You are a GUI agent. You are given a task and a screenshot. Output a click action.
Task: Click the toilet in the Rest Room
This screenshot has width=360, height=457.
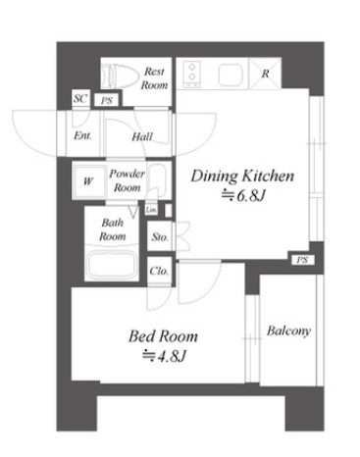click(119, 76)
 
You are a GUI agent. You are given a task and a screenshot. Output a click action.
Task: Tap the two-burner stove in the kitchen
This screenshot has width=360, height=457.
click(192, 75)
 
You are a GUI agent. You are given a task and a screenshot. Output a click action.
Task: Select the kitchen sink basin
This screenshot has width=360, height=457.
click(231, 75)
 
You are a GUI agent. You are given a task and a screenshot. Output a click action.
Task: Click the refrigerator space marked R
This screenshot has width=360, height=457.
click(265, 74)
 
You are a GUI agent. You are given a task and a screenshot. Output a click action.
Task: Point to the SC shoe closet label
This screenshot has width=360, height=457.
click(80, 98)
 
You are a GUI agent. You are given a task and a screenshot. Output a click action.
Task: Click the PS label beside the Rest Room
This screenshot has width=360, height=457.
click(107, 101)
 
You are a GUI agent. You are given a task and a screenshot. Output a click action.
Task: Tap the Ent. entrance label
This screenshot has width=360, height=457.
click(82, 135)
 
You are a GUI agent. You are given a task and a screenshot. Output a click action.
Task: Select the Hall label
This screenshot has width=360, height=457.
click(142, 136)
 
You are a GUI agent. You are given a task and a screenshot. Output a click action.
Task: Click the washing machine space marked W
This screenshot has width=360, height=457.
click(88, 180)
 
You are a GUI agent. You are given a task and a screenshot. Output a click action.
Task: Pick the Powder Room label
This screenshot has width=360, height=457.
click(127, 180)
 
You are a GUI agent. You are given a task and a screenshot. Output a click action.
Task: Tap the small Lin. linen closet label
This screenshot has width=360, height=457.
click(151, 209)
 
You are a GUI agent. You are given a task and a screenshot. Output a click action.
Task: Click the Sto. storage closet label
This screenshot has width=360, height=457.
click(160, 236)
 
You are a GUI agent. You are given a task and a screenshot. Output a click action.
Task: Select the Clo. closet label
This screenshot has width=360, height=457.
click(159, 271)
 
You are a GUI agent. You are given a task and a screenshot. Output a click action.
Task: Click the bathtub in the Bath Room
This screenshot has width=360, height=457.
click(111, 265)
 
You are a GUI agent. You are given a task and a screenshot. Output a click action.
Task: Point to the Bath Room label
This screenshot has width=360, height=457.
click(112, 229)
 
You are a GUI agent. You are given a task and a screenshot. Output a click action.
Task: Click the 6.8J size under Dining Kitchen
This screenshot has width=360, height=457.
click(242, 195)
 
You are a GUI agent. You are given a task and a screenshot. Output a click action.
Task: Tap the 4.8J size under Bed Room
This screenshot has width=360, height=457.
click(164, 356)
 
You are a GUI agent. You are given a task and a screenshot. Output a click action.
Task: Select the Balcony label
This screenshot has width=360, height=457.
click(288, 330)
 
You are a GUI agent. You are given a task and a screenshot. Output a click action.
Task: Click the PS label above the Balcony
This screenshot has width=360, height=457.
click(302, 260)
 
